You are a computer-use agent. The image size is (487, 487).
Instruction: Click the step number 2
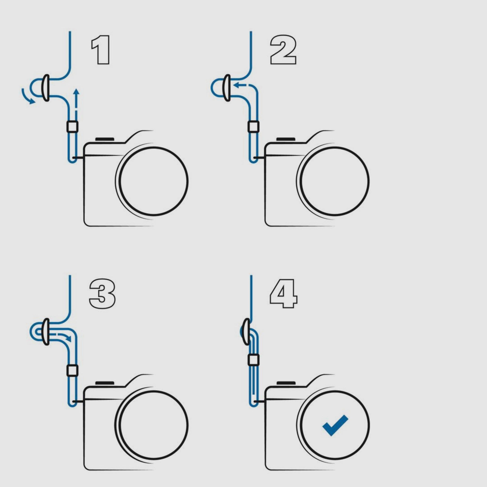point(283,50)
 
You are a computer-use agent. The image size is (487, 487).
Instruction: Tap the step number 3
point(102,294)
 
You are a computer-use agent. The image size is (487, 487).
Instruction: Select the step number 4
point(283,294)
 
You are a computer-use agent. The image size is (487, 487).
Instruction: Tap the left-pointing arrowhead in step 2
point(237,85)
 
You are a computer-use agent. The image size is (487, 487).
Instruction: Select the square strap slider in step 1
point(73,126)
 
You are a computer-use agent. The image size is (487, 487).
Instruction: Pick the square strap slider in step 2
point(253,126)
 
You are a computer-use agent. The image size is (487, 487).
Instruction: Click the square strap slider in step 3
point(73,371)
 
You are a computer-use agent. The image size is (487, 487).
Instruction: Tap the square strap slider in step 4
point(253,360)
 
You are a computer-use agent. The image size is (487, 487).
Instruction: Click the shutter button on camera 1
point(105,139)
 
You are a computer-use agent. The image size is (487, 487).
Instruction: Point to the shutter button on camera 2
point(286,139)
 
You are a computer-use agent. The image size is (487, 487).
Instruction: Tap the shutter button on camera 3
point(105,383)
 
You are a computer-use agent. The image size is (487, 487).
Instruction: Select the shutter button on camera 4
point(286,383)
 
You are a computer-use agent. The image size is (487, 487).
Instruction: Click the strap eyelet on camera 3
point(73,402)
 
